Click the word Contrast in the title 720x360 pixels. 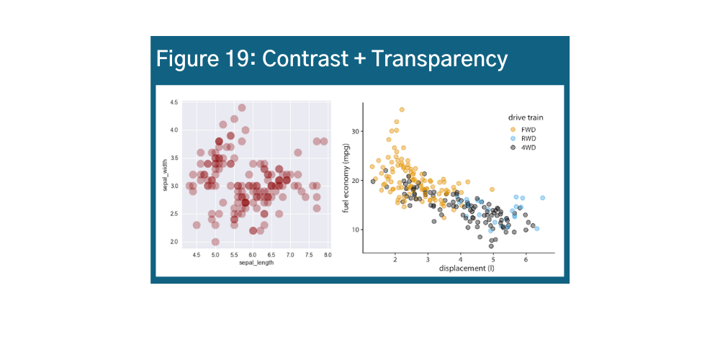(303, 58)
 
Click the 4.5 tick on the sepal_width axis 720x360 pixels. (174, 103)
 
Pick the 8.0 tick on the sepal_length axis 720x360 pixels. (328, 256)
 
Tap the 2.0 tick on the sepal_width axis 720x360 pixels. (174, 242)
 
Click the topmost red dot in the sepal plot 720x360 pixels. (242, 108)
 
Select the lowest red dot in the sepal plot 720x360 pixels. (215, 242)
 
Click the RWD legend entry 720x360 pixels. (528, 138)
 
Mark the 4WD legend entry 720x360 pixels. (528, 147)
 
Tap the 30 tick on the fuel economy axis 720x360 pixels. (355, 132)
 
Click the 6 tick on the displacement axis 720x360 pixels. (526, 258)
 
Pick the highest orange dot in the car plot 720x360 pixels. (402, 110)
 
